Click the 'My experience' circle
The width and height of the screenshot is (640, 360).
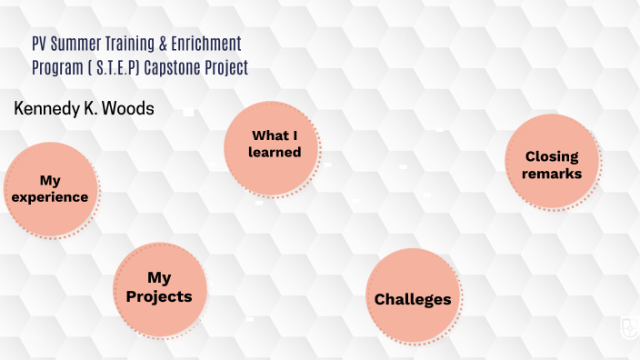point(50,189)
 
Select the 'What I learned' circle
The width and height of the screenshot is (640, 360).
point(275,145)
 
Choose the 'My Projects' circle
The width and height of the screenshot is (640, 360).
point(159,287)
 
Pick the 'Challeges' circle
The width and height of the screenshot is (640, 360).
point(413,298)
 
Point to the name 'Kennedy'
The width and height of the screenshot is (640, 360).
point(46,108)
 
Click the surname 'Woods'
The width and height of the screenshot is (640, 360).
point(131,108)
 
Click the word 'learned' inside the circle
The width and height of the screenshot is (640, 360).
point(275,153)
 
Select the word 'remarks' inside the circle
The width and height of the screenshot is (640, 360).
point(552,174)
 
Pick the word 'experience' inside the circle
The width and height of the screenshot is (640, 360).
point(50,197)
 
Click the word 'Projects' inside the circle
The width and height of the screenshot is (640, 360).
point(159,296)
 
